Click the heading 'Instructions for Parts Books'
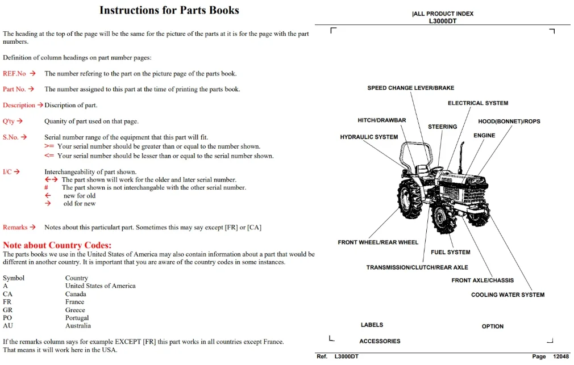coord(169,10)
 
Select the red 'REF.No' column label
coord(14,74)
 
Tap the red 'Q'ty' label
coord(9,121)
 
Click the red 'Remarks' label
coord(15,227)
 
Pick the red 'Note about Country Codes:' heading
coord(57,245)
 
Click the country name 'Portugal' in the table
coord(77,317)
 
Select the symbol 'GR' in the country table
coord(7,310)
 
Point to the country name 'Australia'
coord(78,325)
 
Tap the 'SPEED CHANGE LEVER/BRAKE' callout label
coord(411,88)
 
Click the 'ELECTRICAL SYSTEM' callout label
coord(478,103)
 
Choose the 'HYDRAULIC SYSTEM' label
coord(369,137)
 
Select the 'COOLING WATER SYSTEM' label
coord(508,295)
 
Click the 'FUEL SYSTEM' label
coord(450,252)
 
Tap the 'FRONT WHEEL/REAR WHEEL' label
coord(378,242)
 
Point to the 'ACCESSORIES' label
coord(380,341)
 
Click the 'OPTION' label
coord(492,326)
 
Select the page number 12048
coord(561,356)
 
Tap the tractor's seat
coord(422,169)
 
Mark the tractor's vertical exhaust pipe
coord(462,157)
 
